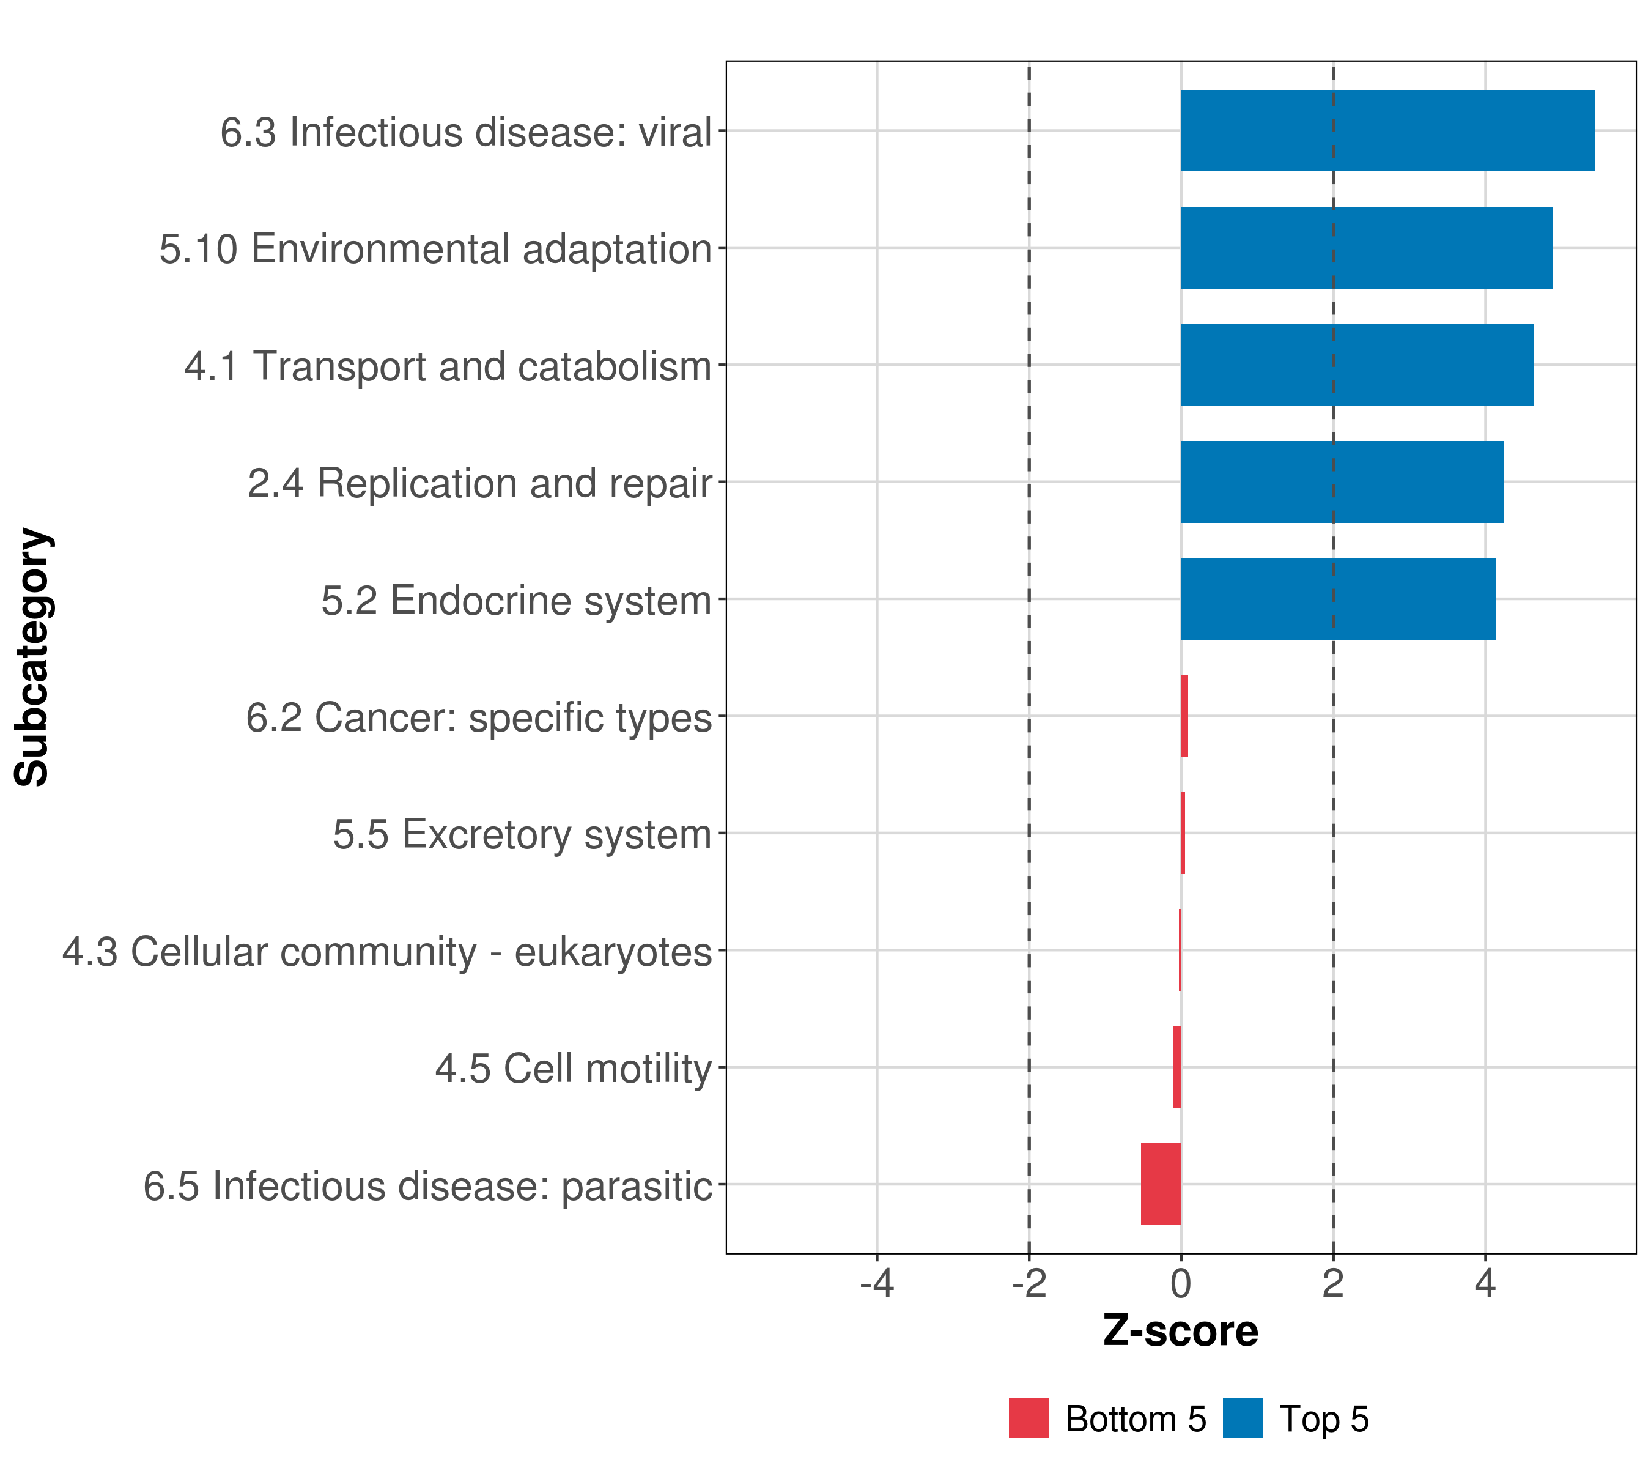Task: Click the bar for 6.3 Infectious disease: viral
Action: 1387,130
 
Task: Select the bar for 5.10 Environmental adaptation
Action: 1367,247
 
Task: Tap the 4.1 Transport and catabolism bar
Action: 1357,365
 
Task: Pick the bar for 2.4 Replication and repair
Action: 1342,481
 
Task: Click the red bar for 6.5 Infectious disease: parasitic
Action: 1161,1184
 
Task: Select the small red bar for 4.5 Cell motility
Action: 1177,1067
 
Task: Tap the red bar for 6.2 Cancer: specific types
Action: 1184,716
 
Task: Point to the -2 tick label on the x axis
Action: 1029,1284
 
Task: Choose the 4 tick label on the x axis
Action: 1485,1284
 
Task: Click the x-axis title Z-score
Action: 1181,1332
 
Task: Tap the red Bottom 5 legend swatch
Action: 1029,1418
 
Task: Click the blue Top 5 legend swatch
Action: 1243,1418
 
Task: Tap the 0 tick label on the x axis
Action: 1181,1284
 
